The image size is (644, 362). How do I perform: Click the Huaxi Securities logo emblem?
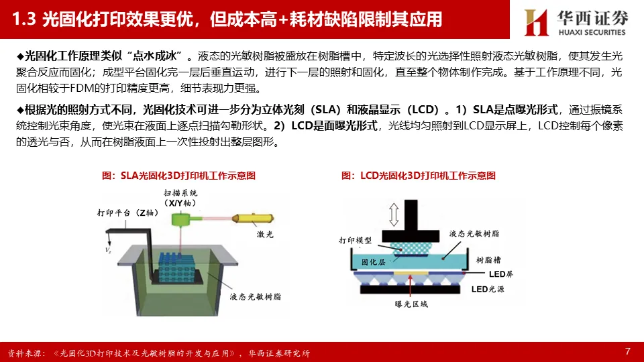click(537, 22)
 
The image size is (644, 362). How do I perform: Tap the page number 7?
click(628, 351)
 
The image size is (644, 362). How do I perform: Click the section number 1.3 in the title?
click(24, 19)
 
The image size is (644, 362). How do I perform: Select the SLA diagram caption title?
click(178, 176)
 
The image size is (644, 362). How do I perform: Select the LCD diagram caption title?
click(419, 176)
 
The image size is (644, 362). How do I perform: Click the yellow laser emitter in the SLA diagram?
click(253, 219)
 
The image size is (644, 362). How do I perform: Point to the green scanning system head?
click(180, 219)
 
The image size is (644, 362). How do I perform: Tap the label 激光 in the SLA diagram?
click(265, 235)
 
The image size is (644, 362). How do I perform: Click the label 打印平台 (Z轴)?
click(127, 213)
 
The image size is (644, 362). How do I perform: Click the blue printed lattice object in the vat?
click(177, 267)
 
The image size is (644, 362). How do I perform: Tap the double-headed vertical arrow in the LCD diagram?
click(394, 215)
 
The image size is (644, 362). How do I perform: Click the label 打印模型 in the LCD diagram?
click(356, 240)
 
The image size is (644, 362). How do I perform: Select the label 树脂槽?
click(488, 260)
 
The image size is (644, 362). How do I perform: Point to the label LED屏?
click(500, 274)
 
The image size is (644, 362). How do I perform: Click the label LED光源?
click(488, 289)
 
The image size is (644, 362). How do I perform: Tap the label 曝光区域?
click(411, 304)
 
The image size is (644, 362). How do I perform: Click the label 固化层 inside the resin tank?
click(374, 262)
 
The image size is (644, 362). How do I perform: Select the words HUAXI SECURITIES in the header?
click(592, 32)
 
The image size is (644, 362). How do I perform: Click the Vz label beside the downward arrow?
click(108, 250)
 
